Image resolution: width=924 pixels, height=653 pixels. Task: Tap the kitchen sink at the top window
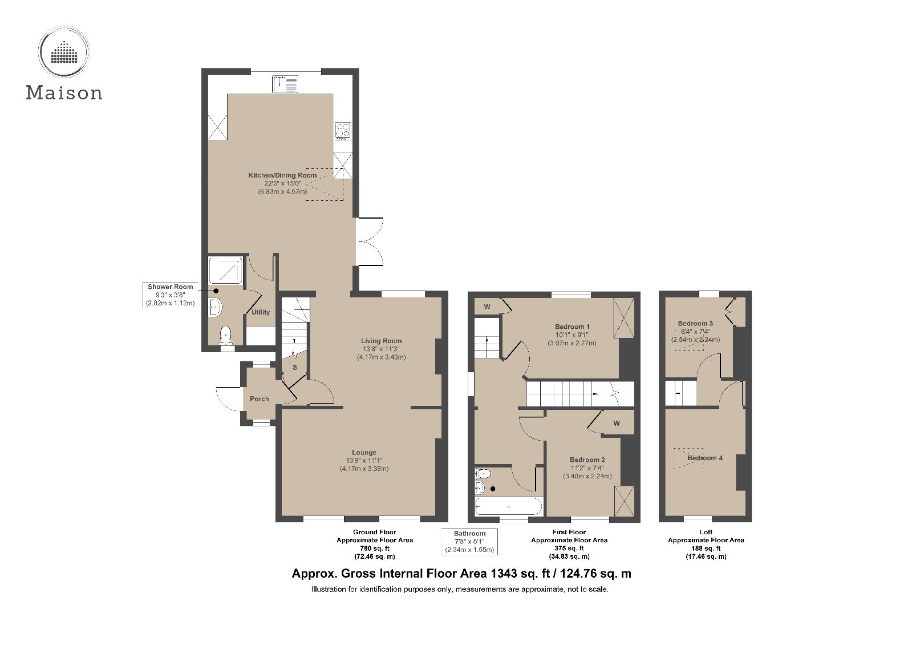click(285, 84)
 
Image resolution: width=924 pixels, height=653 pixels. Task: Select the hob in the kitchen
click(343, 131)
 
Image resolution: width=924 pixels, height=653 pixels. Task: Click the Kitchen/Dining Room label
click(282, 175)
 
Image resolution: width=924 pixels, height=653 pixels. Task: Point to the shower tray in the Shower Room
click(225, 270)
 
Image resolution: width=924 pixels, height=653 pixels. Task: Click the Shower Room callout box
click(170, 295)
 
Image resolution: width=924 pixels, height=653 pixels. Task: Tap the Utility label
click(261, 312)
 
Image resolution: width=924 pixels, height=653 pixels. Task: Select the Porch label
click(259, 399)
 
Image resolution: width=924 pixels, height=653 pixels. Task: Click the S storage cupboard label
click(295, 368)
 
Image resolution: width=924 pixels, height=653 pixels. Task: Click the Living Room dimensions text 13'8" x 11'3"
click(381, 349)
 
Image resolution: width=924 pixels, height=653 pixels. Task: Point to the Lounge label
click(364, 453)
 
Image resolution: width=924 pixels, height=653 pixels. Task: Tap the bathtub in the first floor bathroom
click(508, 506)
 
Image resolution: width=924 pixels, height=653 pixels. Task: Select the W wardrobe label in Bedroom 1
click(487, 307)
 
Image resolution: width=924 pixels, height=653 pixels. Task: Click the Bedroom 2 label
click(587, 459)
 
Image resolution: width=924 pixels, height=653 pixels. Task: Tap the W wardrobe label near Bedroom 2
click(617, 424)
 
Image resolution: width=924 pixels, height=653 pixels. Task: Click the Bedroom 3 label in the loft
click(695, 323)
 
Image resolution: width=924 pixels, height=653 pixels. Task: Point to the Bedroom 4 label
click(705, 458)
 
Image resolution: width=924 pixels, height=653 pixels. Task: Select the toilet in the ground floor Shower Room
click(226, 335)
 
